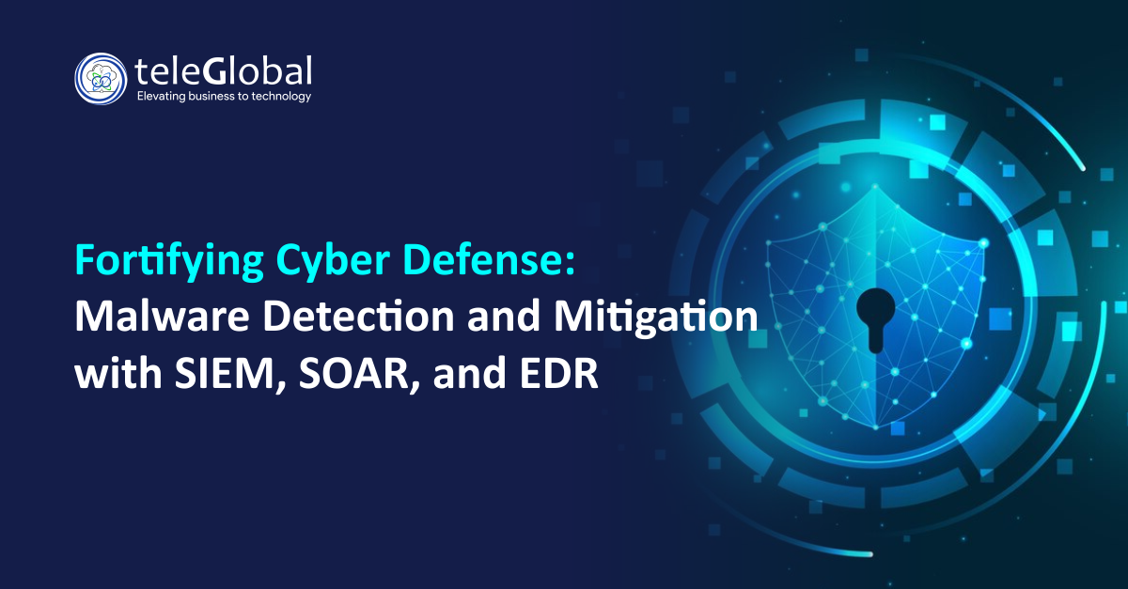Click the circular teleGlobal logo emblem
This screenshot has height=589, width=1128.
(101, 79)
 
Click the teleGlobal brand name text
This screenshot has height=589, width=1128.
(223, 71)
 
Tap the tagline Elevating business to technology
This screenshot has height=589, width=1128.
(224, 96)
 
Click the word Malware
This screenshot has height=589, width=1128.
(162, 317)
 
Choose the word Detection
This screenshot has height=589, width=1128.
(358, 317)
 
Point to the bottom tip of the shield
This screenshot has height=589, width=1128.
(876, 429)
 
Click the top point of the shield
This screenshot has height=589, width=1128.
(875, 185)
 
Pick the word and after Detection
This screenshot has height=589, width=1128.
(505, 317)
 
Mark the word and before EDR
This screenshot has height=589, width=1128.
(470, 373)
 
